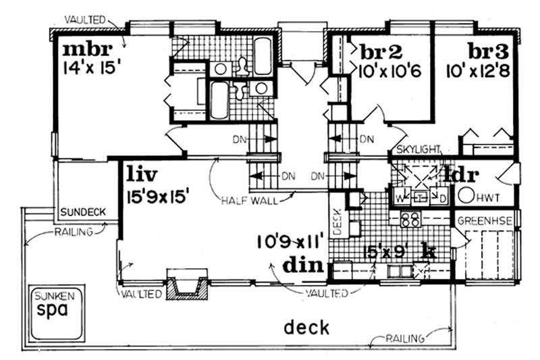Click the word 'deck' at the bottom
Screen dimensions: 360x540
(x=306, y=328)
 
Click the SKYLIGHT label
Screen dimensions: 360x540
(x=418, y=149)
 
